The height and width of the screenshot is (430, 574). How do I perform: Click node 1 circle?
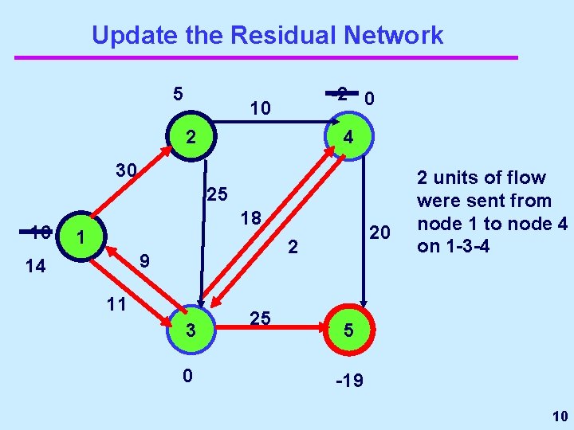click(77, 237)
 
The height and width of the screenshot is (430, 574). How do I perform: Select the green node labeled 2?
click(190, 138)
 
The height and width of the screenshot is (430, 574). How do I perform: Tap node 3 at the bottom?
click(190, 329)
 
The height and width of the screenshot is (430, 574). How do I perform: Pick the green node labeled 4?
click(348, 138)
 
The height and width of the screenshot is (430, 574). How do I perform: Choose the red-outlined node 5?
click(348, 329)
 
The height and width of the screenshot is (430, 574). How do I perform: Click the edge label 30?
click(126, 170)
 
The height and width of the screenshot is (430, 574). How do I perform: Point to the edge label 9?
click(144, 260)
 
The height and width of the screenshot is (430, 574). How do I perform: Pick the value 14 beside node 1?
click(35, 267)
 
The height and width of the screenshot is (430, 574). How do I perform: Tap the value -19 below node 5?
click(349, 381)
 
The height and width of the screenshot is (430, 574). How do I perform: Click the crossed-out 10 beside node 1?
click(37, 233)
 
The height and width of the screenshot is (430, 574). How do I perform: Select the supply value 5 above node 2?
click(179, 93)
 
